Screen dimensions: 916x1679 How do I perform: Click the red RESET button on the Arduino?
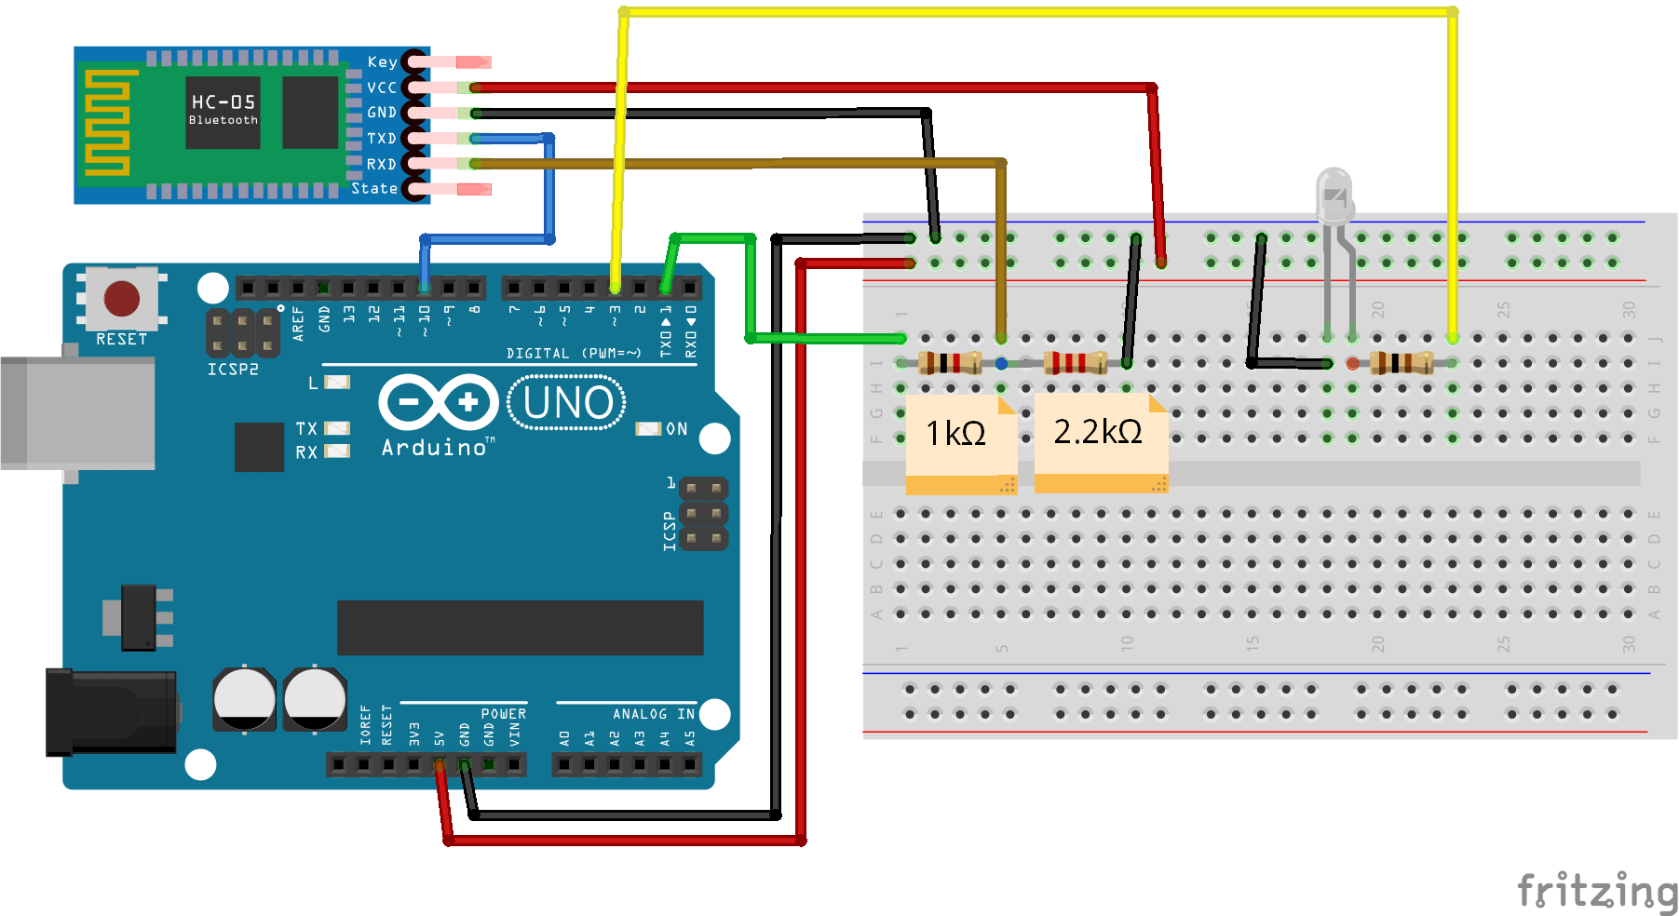[121, 299]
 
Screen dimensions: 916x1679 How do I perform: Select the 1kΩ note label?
[956, 433]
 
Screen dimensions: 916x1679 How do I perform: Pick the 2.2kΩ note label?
[1098, 431]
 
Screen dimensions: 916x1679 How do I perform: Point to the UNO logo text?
[567, 403]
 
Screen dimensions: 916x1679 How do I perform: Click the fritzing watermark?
[1596, 891]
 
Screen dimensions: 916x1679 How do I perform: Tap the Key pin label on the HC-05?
[382, 62]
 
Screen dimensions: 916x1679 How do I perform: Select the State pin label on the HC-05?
[374, 189]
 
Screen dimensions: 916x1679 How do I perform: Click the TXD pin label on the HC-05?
[382, 139]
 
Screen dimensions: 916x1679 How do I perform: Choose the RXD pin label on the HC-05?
[382, 165]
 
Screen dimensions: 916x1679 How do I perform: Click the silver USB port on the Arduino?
[78, 412]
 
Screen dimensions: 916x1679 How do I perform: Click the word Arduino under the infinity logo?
[435, 448]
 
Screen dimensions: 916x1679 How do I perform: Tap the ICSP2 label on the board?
[233, 370]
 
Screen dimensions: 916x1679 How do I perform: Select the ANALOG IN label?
[653, 714]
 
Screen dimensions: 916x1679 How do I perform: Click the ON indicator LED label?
[677, 429]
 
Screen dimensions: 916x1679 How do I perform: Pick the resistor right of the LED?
[1401, 362]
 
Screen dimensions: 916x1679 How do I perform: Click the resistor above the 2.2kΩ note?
[1075, 362]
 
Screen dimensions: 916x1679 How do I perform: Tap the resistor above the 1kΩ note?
[949, 362]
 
